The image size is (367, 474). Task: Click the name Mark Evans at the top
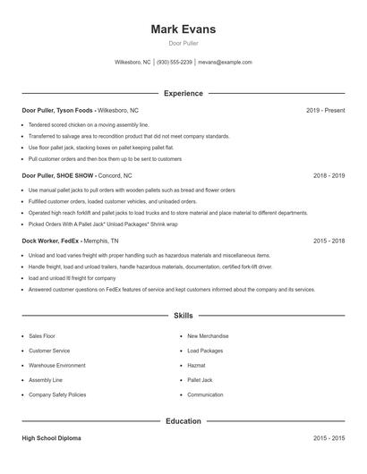pyautogui.click(x=183, y=30)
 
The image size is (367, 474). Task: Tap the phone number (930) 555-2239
pyautogui.click(x=175, y=63)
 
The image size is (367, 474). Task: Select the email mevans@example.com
pyautogui.click(x=225, y=63)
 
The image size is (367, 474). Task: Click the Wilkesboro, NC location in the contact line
pyautogui.click(x=133, y=63)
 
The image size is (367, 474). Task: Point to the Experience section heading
pyautogui.click(x=183, y=93)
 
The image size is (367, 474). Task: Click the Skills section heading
pyautogui.click(x=183, y=316)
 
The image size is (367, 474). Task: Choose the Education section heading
pyautogui.click(x=183, y=420)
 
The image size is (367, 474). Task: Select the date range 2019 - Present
pyautogui.click(x=325, y=110)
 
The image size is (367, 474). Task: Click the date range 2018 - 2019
pyautogui.click(x=329, y=176)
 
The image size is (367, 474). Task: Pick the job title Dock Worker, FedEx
pyautogui.click(x=54, y=241)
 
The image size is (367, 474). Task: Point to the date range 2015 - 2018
pyautogui.click(x=329, y=241)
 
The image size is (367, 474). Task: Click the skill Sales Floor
pyautogui.click(x=42, y=336)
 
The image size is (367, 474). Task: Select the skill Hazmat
pyautogui.click(x=197, y=365)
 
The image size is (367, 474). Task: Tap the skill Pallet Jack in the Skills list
pyautogui.click(x=201, y=380)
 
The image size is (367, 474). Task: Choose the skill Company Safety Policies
pyautogui.click(x=57, y=394)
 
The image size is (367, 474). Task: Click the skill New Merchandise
pyautogui.click(x=208, y=336)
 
